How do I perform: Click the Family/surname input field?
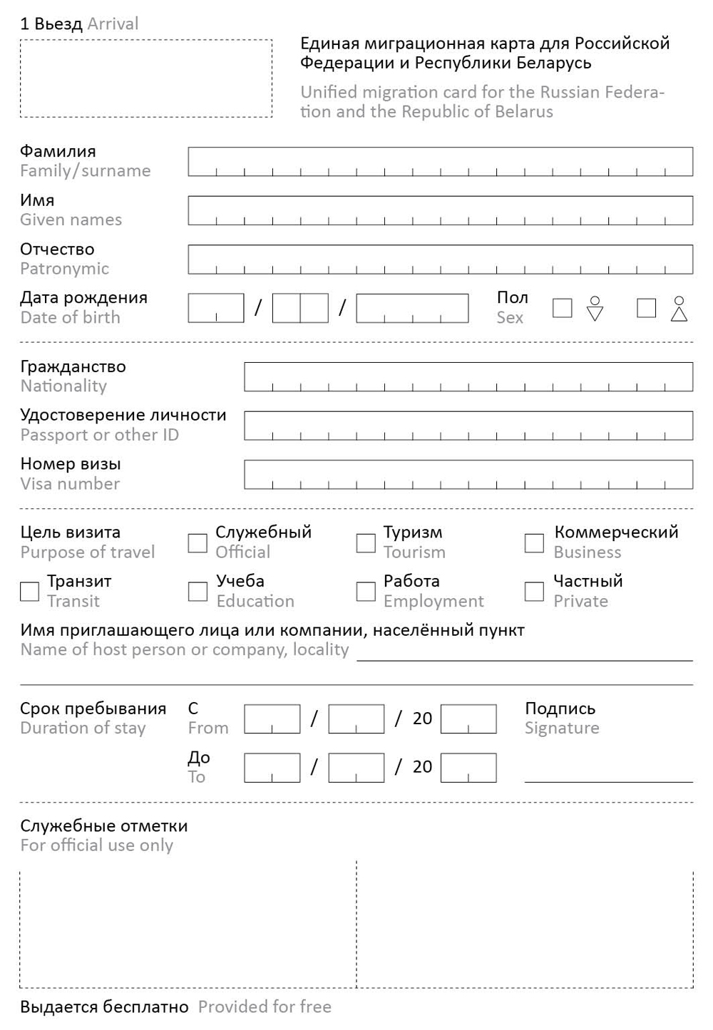(440, 162)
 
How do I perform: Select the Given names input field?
(440, 210)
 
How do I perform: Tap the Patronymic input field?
(440, 259)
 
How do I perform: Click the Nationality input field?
(468, 376)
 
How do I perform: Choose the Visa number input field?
(468, 474)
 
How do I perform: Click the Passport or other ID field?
(468, 426)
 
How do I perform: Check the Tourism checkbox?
(366, 543)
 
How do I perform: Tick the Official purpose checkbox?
(198, 543)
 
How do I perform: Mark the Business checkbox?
(534, 543)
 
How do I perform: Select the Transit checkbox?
(29, 592)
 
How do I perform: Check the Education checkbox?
(198, 592)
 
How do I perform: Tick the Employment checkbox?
(366, 592)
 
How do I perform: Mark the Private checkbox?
(534, 592)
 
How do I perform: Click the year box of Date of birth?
(412, 308)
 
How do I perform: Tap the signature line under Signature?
(608, 777)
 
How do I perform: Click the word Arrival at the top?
(113, 24)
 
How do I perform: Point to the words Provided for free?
(265, 1006)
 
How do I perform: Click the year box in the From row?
(468, 719)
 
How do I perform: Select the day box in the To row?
(272, 768)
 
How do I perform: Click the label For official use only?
(97, 845)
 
